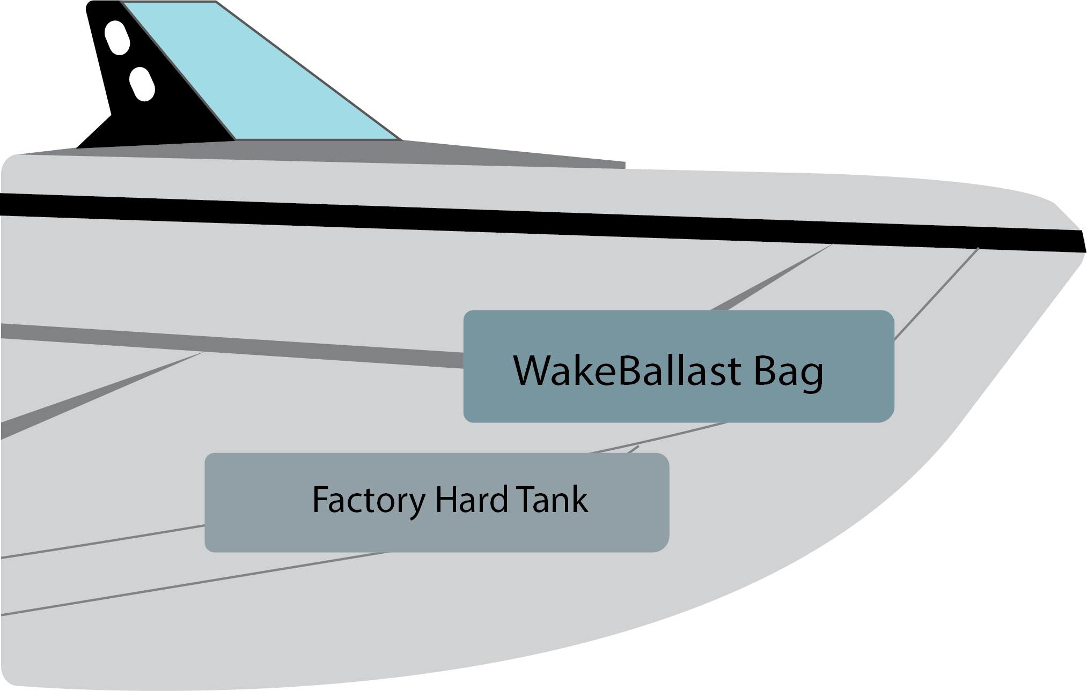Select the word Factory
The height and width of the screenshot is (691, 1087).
[x=369, y=500]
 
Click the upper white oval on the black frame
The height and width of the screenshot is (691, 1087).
[x=117, y=38]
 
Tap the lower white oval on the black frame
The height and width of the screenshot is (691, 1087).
[x=142, y=84]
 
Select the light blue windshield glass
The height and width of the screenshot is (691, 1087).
[x=258, y=75]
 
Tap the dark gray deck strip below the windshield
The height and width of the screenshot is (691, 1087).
[x=376, y=152]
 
